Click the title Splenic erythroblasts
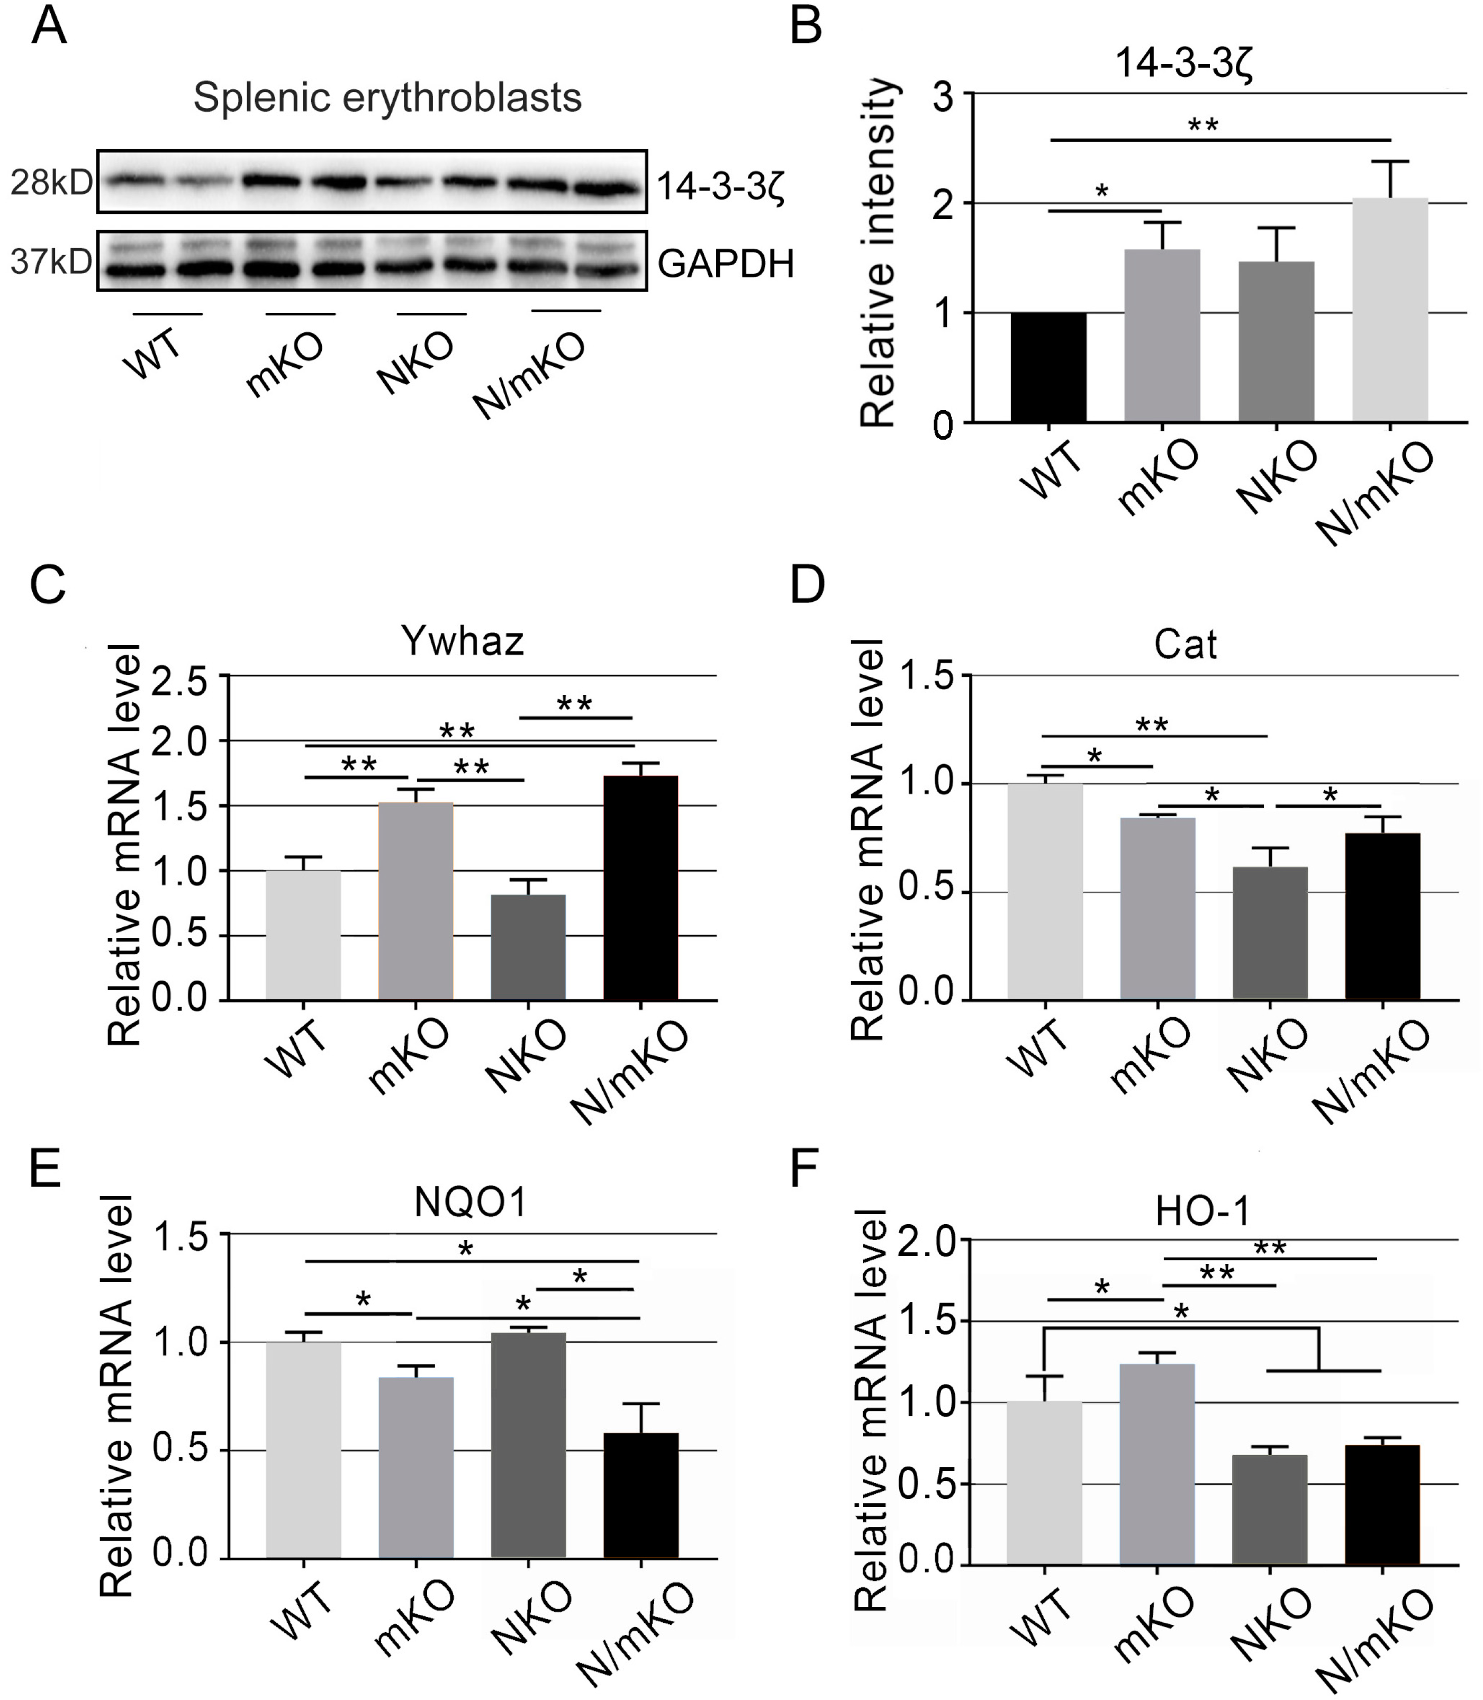387,98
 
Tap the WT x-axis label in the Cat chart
1040,1050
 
